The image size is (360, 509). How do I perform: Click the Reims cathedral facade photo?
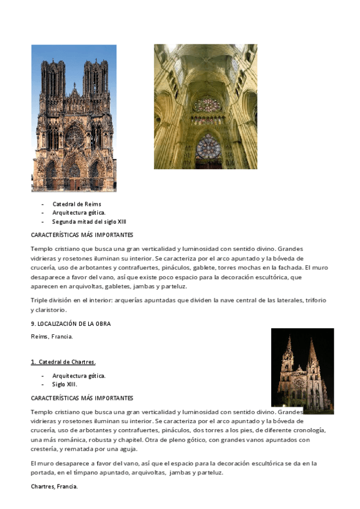(74, 118)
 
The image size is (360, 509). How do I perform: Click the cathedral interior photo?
(205, 106)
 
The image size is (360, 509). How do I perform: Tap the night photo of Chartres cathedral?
(302, 370)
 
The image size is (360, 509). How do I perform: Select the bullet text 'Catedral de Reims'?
(77, 204)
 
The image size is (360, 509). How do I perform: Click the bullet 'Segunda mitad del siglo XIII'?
(89, 221)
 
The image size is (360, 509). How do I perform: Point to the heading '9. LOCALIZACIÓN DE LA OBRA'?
(71, 324)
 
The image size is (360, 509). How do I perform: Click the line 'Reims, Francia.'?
(52, 337)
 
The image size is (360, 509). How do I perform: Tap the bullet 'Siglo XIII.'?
(65, 384)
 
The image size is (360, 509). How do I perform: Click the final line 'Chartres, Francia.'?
(54, 486)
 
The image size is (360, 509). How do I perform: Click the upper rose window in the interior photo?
(206, 103)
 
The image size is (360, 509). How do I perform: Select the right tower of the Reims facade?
(95, 81)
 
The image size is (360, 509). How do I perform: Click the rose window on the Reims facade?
(74, 137)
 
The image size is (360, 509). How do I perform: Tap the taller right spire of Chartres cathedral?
(313, 360)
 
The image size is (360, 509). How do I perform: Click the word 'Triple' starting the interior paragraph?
(38, 300)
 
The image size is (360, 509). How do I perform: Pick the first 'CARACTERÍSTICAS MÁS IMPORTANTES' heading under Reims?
(82, 235)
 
